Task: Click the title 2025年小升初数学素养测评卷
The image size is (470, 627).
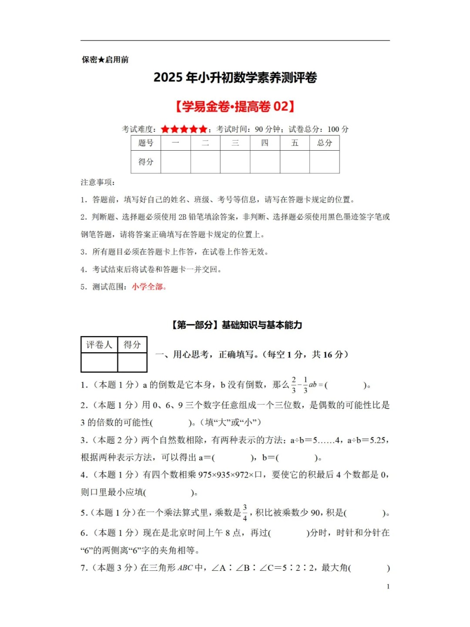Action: click(235, 78)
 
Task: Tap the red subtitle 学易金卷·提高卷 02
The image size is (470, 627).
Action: click(235, 106)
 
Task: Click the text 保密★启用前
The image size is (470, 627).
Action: click(105, 60)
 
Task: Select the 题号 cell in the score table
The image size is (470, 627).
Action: click(146, 143)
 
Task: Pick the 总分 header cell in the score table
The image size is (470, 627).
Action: click(324, 143)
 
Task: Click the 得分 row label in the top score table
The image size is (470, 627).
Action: click(146, 162)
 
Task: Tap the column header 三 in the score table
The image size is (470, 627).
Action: click(235, 143)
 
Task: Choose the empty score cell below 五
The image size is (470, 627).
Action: click(295, 162)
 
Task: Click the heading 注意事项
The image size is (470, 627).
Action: click(97, 182)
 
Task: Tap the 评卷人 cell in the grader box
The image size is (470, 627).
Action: click(99, 345)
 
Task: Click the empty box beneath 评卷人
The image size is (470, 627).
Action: click(99, 362)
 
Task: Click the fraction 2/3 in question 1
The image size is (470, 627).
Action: click(294, 385)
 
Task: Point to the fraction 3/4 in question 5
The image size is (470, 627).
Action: click(245, 512)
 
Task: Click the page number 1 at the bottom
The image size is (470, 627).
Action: click(388, 587)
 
